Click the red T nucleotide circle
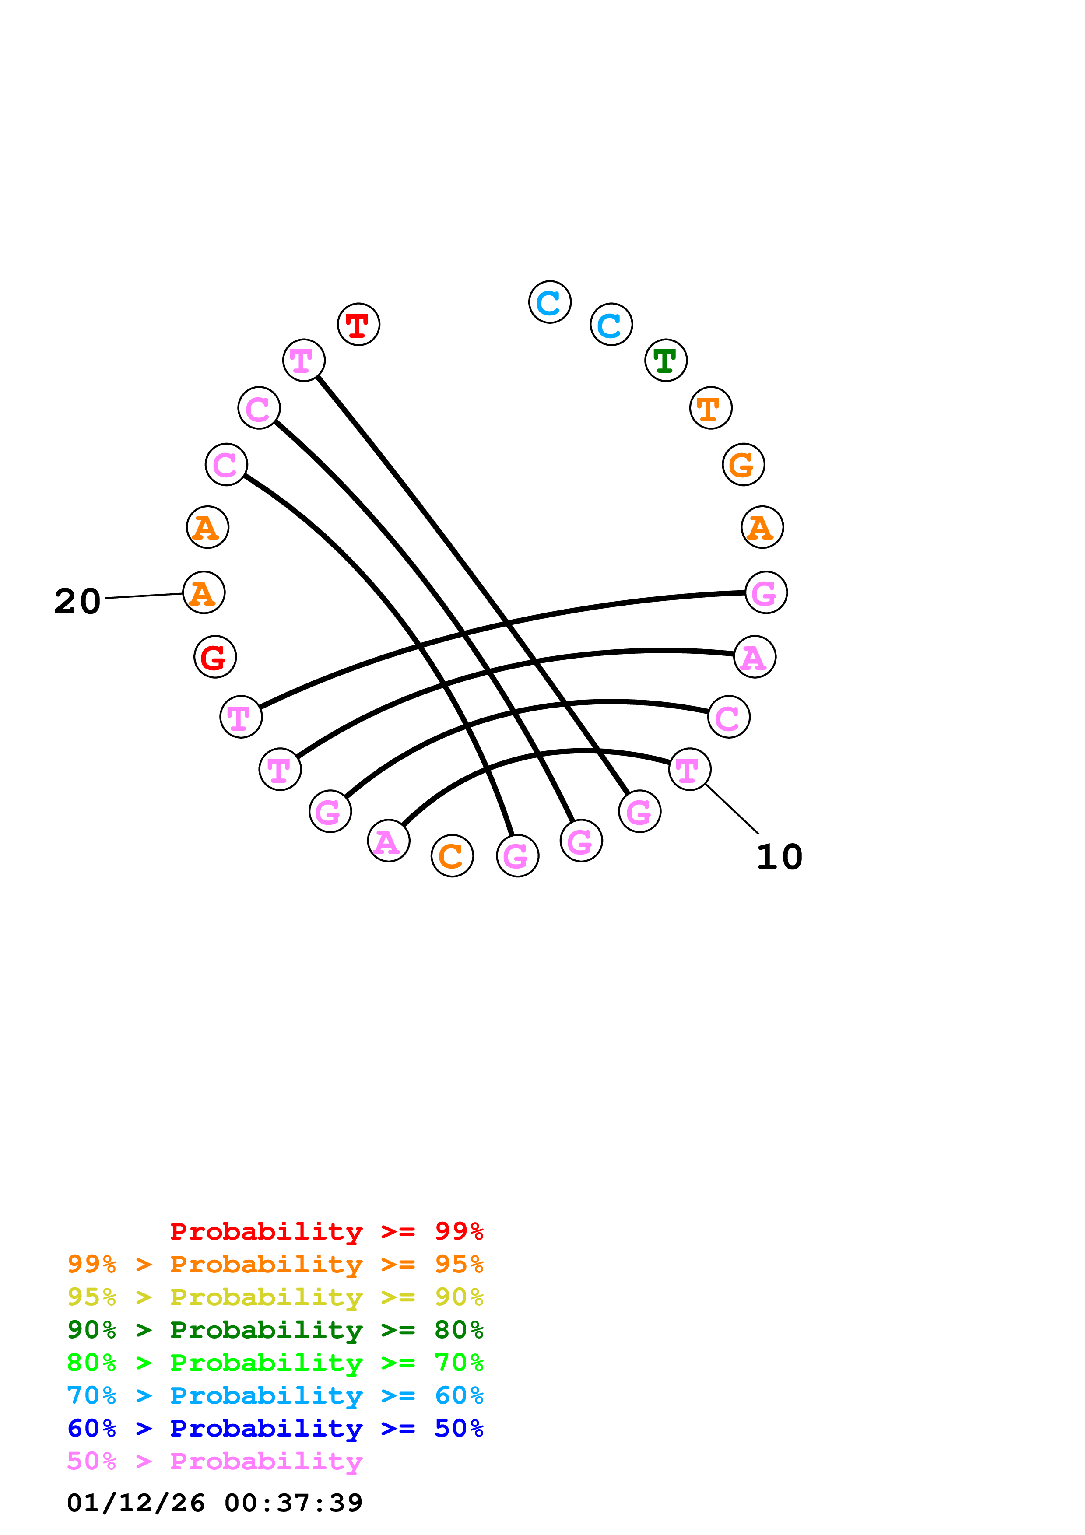click(x=358, y=324)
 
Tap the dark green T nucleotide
click(x=666, y=361)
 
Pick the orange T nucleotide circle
click(x=711, y=408)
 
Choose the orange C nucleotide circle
click(x=453, y=856)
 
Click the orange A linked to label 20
click(x=204, y=592)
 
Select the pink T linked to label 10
click(x=689, y=770)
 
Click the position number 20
click(x=77, y=601)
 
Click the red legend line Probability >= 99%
click(x=326, y=1231)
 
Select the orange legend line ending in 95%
click(x=275, y=1264)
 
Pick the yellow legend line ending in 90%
click(x=275, y=1297)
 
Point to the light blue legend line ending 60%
click(x=275, y=1395)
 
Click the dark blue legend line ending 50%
click(x=275, y=1428)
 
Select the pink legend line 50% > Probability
click(x=214, y=1461)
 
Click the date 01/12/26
click(x=136, y=1503)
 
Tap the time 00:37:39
click(x=294, y=1503)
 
